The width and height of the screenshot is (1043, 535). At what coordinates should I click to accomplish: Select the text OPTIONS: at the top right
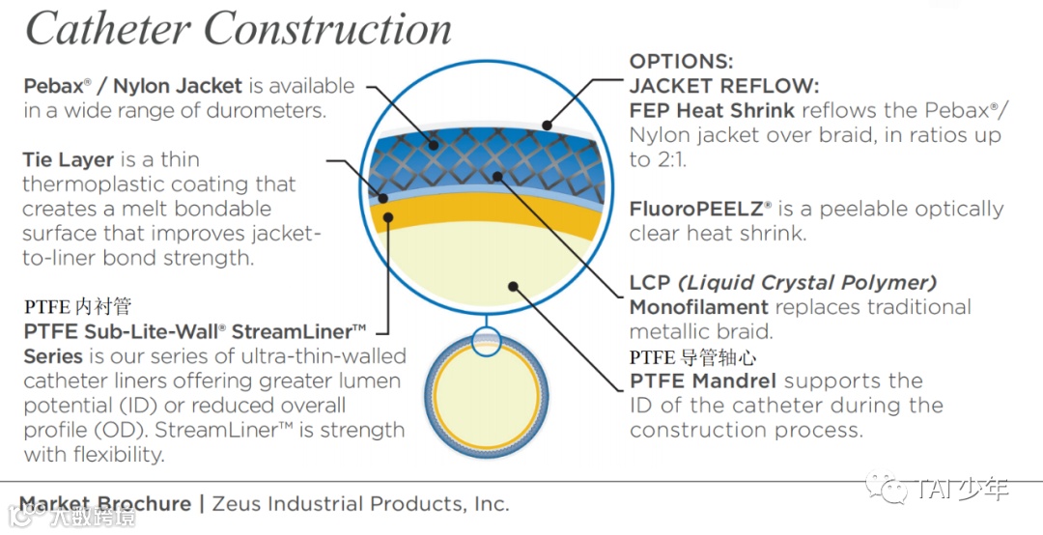tap(682, 62)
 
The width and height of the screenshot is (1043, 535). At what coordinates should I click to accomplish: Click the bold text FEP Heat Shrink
tap(712, 110)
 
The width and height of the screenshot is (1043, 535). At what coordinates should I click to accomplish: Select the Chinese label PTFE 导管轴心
tap(692, 358)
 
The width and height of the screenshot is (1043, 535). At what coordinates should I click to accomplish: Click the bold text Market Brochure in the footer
tap(105, 504)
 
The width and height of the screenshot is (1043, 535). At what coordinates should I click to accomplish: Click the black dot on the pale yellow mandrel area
tap(514, 287)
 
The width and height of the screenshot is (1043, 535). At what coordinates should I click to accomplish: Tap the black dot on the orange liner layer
tap(387, 217)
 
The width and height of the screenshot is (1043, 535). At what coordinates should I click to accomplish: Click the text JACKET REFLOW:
tap(724, 86)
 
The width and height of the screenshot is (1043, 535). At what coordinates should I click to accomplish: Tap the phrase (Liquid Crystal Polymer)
tap(806, 283)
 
